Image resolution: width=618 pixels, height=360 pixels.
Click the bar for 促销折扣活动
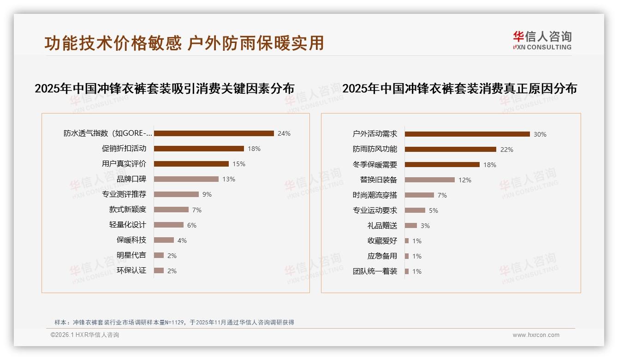[199, 149]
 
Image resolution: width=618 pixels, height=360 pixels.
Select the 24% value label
[284, 133]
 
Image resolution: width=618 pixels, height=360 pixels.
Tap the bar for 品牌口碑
[186, 179]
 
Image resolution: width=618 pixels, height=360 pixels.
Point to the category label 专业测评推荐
[124, 194]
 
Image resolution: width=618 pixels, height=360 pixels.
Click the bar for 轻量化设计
[168, 225]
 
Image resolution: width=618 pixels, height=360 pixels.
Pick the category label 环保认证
[131, 270]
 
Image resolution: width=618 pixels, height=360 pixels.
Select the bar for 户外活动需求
[467, 134]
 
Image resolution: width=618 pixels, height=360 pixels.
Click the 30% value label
[540, 134]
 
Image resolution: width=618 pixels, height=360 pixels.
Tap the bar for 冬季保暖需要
[442, 165]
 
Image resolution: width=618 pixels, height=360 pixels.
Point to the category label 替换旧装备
[379, 180]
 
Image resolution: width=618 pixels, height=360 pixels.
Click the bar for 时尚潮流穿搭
[419, 195]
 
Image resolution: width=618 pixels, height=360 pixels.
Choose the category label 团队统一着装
[375, 271]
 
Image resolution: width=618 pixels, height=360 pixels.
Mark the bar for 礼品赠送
[411, 226]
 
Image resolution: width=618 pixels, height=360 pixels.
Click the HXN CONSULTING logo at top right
[542, 41]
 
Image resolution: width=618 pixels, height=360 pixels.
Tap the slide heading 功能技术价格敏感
[113, 43]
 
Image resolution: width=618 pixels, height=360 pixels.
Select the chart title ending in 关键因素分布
[165, 89]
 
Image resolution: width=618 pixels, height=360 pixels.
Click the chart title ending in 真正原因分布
[459, 89]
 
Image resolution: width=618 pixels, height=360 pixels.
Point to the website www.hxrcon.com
[536, 335]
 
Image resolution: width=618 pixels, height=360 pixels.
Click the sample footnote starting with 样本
[174, 323]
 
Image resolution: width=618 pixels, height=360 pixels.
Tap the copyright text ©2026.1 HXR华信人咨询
[85, 335]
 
